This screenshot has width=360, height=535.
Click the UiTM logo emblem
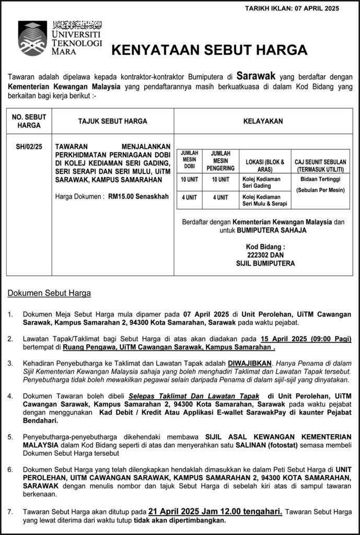tap(32, 39)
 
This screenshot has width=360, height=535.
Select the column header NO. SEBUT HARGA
tap(28, 121)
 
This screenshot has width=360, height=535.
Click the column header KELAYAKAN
tap(263, 121)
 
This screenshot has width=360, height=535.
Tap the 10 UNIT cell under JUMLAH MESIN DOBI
tap(190, 180)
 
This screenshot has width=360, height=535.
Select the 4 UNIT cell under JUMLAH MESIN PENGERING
tap(220, 197)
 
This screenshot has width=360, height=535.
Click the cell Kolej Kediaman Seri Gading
tap(262, 182)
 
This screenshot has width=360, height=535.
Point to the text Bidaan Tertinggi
tap(320, 179)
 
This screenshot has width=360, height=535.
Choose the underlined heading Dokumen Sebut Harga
tap(49, 293)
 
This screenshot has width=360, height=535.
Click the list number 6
tap(10, 470)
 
